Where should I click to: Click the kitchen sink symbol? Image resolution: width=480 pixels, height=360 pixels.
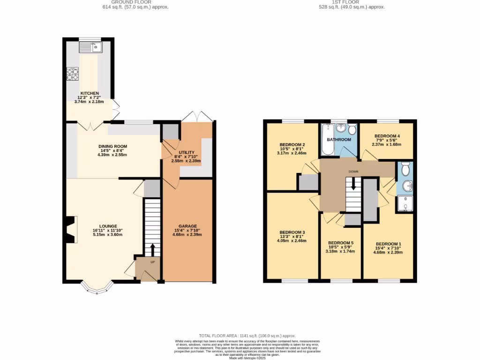pos(91,47)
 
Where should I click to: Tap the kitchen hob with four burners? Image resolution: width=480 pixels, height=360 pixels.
pos(73,75)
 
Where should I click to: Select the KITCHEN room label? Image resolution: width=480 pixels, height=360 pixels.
pos(89,93)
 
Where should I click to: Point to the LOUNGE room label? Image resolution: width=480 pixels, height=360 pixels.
pos(108,226)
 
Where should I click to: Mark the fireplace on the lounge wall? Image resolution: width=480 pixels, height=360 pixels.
pos(70,230)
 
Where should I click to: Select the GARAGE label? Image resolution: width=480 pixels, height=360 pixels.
pos(187,226)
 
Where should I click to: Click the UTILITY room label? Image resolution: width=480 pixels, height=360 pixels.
pos(187,152)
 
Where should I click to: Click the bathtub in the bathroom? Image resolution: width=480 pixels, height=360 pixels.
pos(327,140)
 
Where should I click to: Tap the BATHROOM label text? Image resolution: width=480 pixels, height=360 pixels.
pos(339,140)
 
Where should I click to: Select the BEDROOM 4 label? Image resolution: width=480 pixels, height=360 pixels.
pos(387,136)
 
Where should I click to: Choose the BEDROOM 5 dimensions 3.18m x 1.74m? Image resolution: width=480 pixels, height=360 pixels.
pos(340,251)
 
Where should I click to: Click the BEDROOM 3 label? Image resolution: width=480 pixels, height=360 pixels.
pos(292,232)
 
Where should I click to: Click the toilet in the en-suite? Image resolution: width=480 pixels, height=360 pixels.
pos(405,168)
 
